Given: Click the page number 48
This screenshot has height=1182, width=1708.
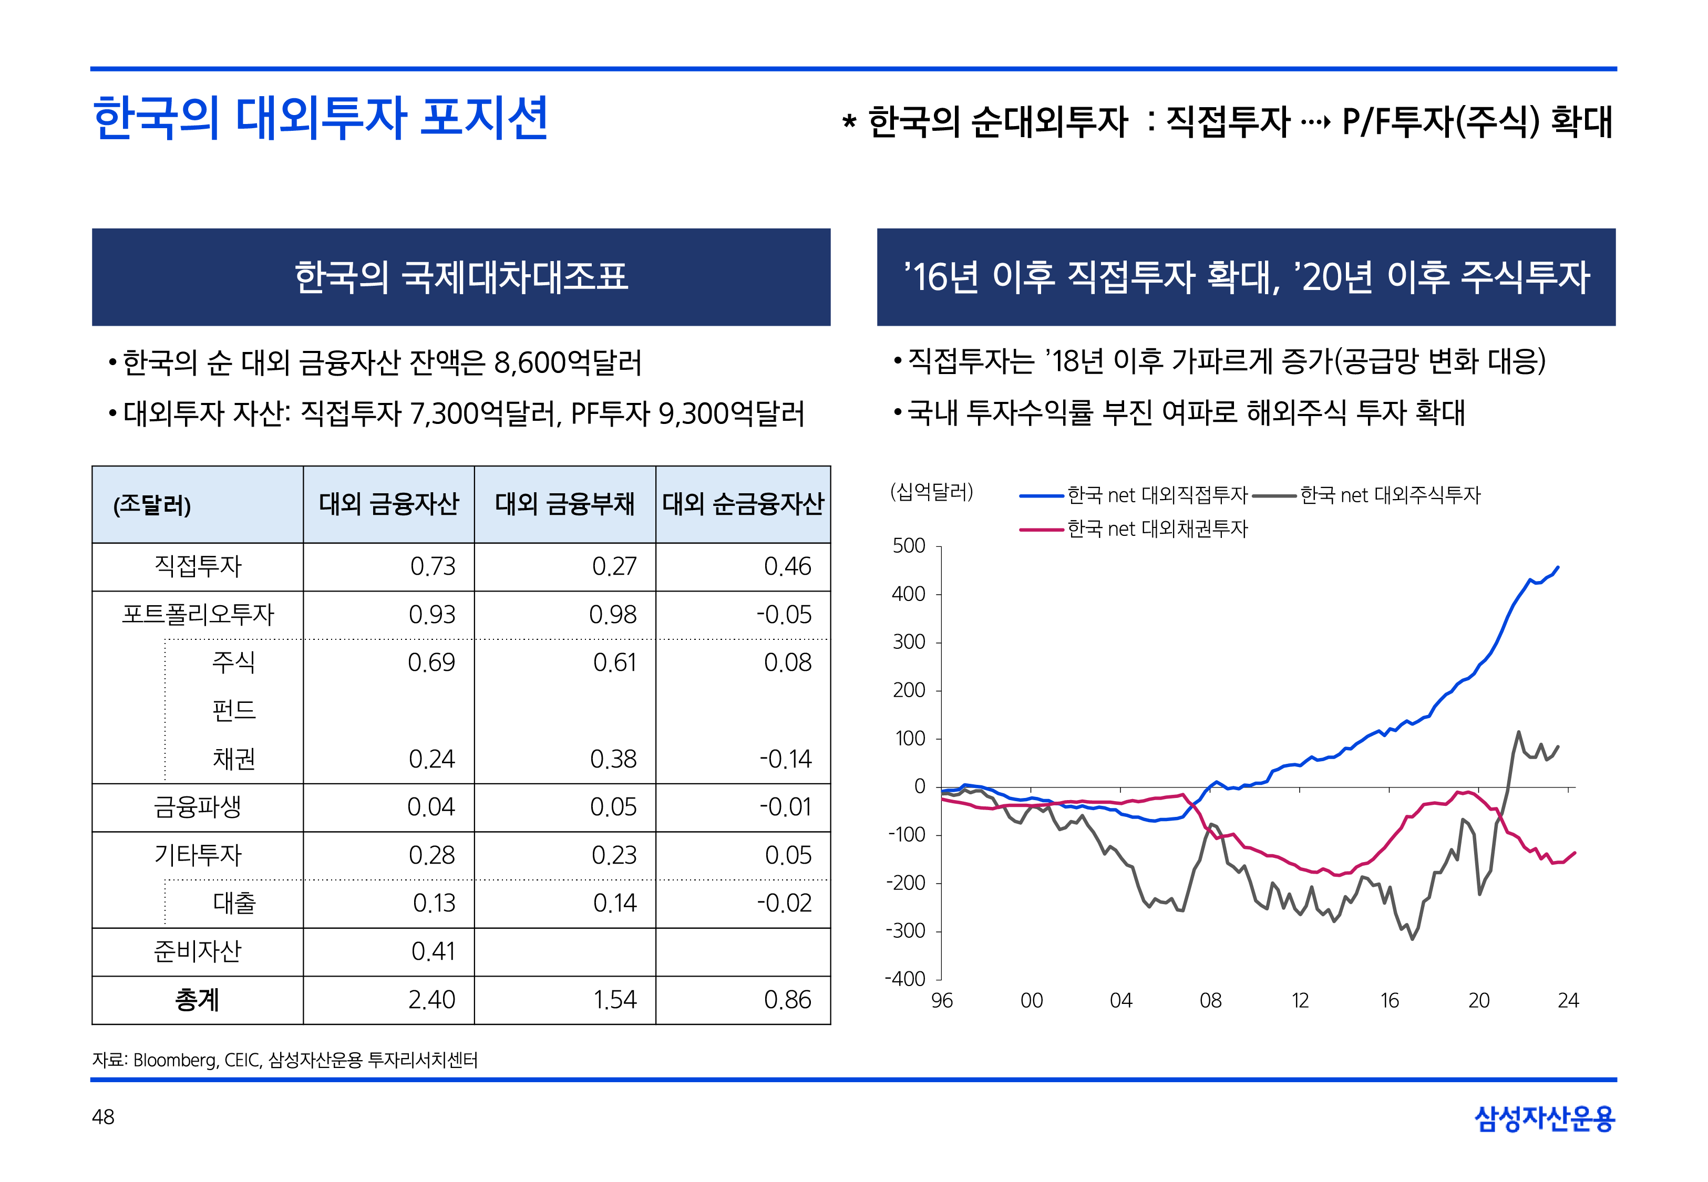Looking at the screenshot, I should pyautogui.click(x=103, y=1117).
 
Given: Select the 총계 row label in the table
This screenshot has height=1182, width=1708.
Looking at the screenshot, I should pyautogui.click(x=197, y=1000).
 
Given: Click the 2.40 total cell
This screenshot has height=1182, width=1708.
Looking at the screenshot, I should pyautogui.click(x=432, y=1000).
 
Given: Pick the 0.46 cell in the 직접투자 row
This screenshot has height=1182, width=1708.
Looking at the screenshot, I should pyautogui.click(x=787, y=566).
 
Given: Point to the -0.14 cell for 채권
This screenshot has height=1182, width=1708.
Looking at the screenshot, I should pyautogui.click(x=785, y=759).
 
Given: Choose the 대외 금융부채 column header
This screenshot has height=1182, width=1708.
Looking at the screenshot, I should pyautogui.click(x=564, y=504).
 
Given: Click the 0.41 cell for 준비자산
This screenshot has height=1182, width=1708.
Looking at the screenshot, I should pyautogui.click(x=433, y=952).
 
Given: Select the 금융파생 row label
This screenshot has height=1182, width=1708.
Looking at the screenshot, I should pyautogui.click(x=197, y=807).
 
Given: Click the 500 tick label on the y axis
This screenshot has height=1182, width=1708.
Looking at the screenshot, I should pyautogui.click(x=909, y=546).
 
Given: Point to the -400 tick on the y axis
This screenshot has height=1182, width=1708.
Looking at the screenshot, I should pyautogui.click(x=905, y=979).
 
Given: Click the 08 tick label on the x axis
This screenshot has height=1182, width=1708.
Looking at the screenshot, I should pyautogui.click(x=1210, y=1001).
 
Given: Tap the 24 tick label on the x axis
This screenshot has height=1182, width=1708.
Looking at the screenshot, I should pyautogui.click(x=1568, y=1001).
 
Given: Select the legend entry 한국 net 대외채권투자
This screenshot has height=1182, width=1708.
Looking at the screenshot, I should pyautogui.click(x=1157, y=529).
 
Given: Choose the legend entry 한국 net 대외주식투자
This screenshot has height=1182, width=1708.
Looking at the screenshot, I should pyautogui.click(x=1390, y=495).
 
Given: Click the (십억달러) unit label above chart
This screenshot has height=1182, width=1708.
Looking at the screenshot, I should pyautogui.click(x=932, y=492).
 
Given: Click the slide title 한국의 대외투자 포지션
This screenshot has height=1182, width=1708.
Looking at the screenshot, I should pyautogui.click(x=320, y=119).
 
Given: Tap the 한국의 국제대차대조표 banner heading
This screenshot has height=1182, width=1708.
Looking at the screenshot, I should pyautogui.click(x=461, y=277).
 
